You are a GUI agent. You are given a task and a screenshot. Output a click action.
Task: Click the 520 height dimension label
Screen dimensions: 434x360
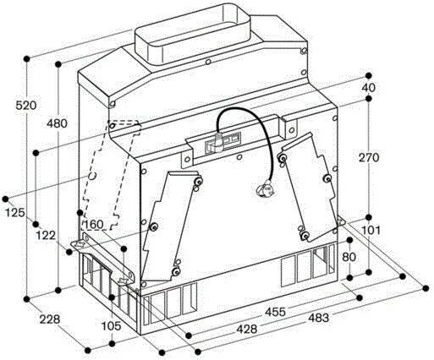(26, 106)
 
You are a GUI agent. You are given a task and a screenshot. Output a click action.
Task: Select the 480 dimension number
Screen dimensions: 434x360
(58, 123)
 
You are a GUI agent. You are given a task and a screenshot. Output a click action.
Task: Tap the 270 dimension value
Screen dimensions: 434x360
(369, 158)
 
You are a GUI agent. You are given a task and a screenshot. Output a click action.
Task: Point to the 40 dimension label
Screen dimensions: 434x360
(369, 88)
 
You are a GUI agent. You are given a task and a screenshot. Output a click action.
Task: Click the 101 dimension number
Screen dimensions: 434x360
(371, 231)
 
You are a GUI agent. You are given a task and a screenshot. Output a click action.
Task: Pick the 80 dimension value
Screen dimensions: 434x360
(349, 257)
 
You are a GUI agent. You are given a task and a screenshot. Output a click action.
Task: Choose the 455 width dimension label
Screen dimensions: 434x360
(275, 312)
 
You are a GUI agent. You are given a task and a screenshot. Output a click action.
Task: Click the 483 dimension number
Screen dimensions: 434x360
(318, 318)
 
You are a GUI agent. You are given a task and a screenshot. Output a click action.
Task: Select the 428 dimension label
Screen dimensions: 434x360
(247, 329)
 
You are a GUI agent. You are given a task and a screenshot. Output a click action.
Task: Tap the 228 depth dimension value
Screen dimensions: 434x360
(50, 319)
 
